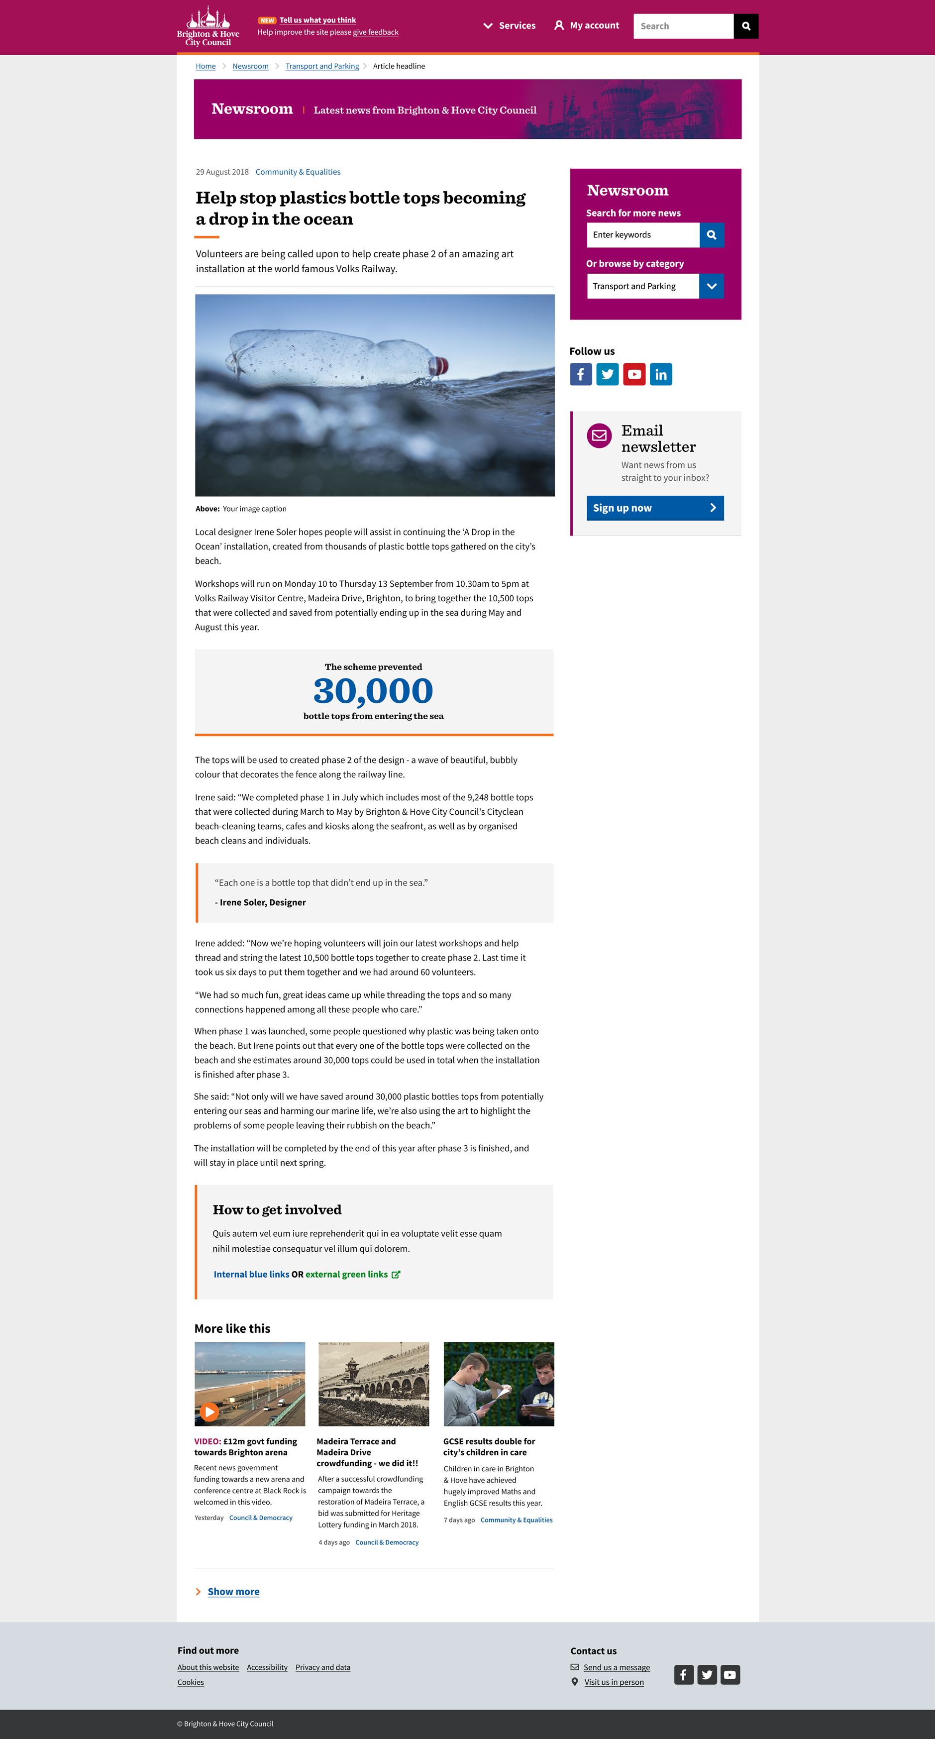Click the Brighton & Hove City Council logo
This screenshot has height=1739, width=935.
208,27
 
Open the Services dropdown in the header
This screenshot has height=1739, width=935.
510,26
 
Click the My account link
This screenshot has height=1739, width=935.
587,26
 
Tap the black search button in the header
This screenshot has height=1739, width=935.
746,26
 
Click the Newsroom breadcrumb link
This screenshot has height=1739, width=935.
250,66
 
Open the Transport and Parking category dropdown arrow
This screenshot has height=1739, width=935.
712,286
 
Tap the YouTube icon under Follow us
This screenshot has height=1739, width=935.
634,375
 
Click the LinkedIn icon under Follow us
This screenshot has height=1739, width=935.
661,375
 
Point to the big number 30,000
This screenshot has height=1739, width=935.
373,691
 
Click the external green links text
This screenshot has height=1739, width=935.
346,1275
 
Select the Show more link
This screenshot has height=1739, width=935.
233,1592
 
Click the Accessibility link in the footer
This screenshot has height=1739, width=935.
267,1667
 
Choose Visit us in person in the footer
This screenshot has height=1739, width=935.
614,1682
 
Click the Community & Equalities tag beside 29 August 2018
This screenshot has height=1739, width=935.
298,172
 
